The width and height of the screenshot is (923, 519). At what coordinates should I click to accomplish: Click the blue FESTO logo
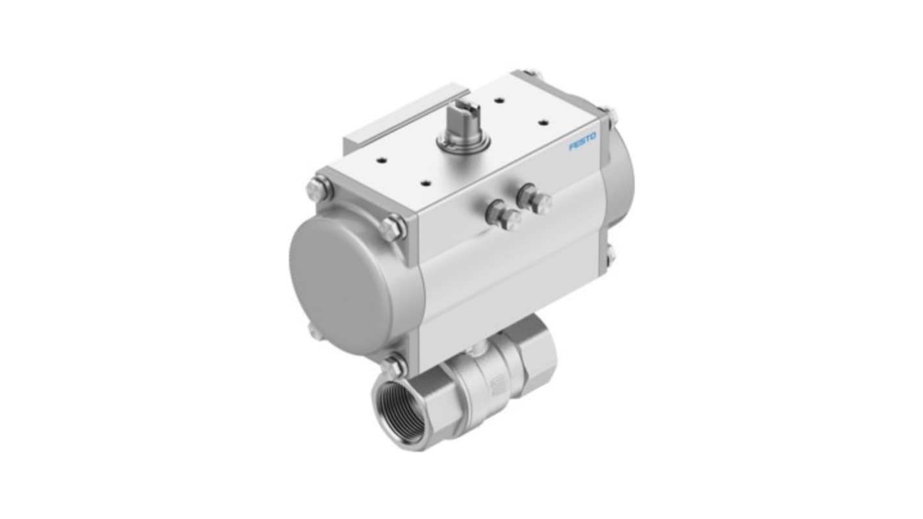click(582, 141)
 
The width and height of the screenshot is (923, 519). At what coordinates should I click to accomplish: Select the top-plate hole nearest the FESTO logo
click(544, 123)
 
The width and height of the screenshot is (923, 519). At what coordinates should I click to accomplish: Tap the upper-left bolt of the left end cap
click(319, 190)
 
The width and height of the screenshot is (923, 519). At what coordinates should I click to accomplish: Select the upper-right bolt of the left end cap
click(393, 228)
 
